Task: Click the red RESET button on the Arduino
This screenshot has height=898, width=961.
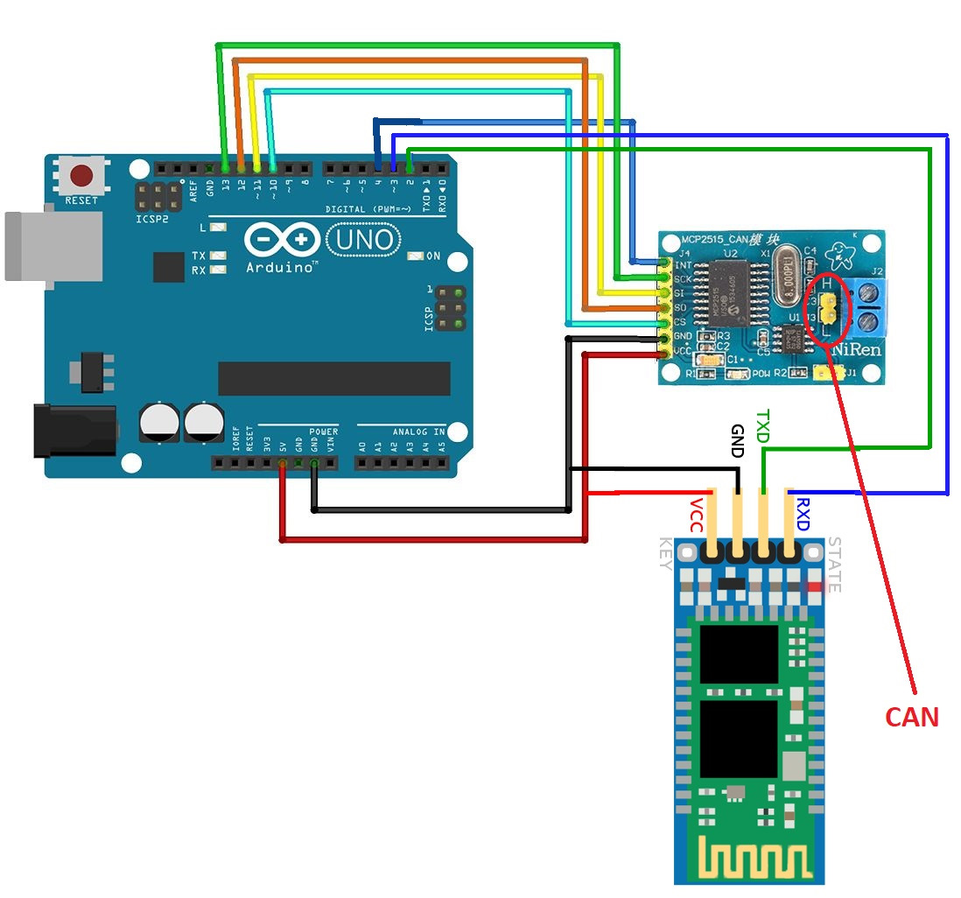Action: [82, 176]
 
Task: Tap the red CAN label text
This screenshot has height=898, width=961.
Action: [911, 718]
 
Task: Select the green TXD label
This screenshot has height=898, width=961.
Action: [762, 426]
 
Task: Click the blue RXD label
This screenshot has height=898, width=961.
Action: [803, 515]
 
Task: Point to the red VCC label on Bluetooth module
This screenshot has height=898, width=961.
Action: [696, 516]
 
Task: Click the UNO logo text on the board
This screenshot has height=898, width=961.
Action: [363, 240]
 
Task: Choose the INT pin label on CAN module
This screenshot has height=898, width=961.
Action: [683, 263]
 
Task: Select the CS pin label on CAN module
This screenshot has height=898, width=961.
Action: [680, 323]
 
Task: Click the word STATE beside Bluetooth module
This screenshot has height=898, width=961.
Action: [833, 565]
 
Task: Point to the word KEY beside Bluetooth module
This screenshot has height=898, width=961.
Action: [665, 554]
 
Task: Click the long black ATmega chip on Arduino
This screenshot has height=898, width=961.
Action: [333, 378]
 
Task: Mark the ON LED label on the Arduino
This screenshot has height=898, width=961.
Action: [432, 256]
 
